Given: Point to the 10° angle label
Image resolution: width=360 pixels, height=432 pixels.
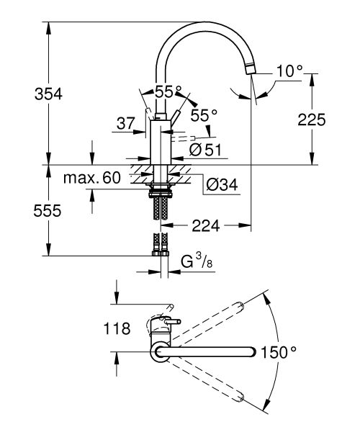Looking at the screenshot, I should coord(289,71).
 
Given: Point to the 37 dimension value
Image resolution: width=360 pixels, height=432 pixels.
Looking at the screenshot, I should coord(125,123).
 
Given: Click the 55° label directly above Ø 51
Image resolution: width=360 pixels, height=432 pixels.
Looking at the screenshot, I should coord(203,114).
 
